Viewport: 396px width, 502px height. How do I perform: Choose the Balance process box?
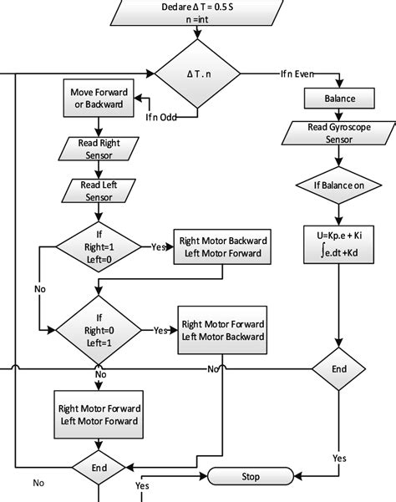[339, 99]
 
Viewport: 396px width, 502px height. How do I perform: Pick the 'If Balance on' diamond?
[339, 183]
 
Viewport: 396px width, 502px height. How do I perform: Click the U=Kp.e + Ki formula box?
[339, 246]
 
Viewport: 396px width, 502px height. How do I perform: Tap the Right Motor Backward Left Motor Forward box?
[221, 247]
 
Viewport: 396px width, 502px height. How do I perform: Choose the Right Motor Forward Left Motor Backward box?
[222, 332]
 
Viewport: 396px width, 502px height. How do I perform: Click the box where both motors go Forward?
[99, 414]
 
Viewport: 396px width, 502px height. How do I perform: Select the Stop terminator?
[250, 476]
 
